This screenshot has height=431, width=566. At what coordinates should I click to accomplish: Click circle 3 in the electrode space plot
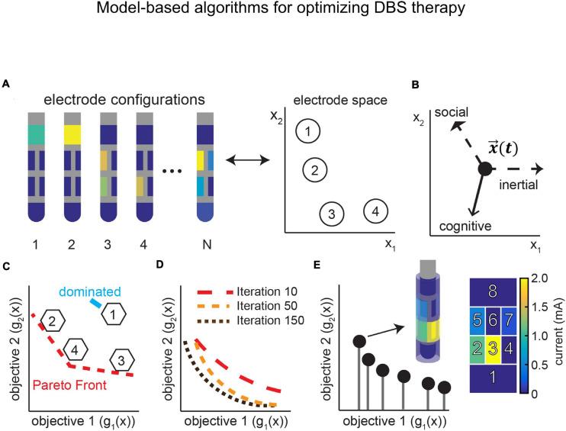(x=331, y=214)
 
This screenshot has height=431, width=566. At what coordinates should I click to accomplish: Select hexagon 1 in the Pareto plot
(x=114, y=291)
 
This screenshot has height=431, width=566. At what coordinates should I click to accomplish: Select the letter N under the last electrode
(x=204, y=246)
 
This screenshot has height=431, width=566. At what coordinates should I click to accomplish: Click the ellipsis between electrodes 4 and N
(x=172, y=169)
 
